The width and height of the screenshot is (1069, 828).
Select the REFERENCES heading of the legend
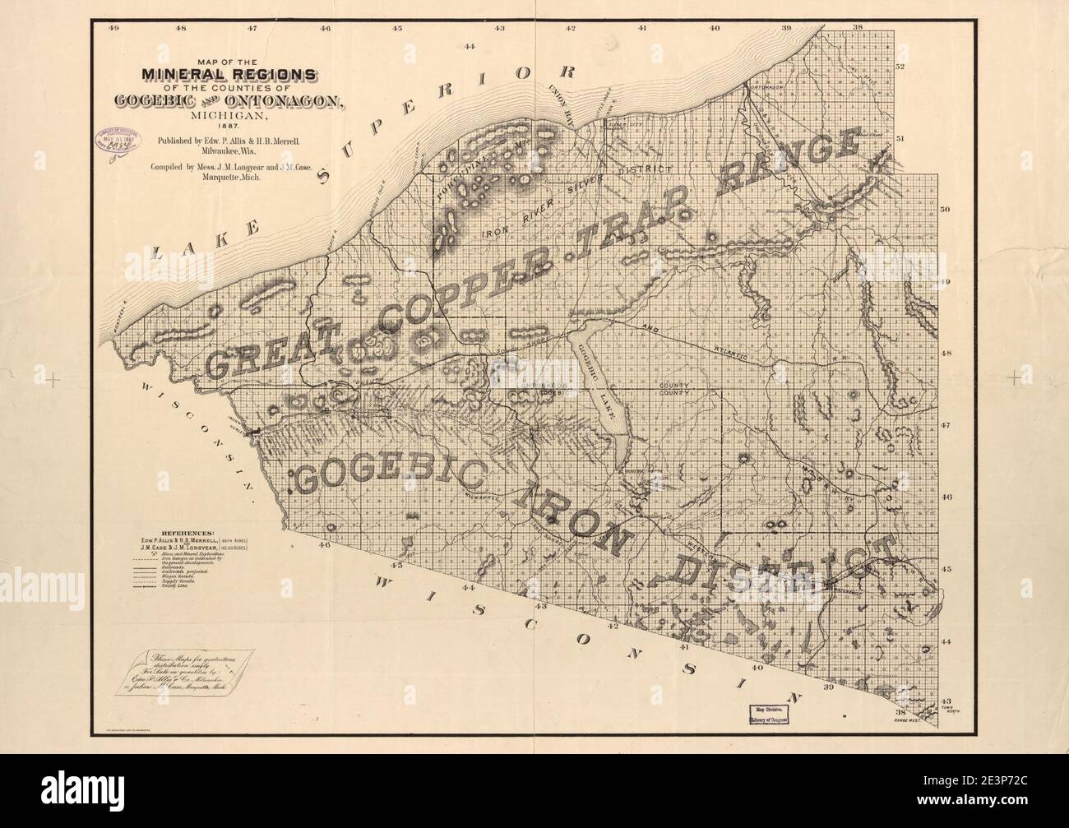tap(189, 533)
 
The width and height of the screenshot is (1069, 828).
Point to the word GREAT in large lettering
tap(272, 352)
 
